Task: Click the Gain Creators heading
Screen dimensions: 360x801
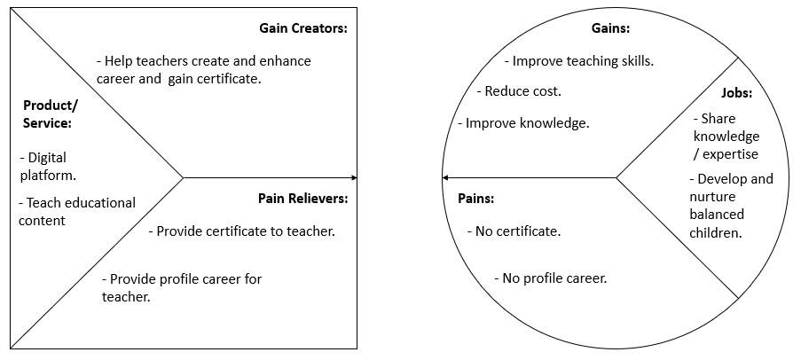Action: click(x=302, y=28)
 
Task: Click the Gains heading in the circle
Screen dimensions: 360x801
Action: click(x=610, y=28)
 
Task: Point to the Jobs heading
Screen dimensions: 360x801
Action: click(x=736, y=92)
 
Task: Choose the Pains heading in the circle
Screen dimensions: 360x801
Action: click(x=475, y=198)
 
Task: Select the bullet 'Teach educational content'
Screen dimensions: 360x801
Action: click(x=76, y=211)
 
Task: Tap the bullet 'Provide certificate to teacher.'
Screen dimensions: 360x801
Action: click(x=241, y=231)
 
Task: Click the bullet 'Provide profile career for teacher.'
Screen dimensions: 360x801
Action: click(x=182, y=287)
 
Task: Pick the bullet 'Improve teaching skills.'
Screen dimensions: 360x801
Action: click(x=578, y=61)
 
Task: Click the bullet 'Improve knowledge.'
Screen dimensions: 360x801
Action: click(x=523, y=123)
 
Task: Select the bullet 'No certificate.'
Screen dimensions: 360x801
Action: click(x=514, y=231)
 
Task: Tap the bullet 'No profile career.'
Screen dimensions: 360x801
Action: click(x=550, y=278)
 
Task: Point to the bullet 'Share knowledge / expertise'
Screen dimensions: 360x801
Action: click(x=726, y=136)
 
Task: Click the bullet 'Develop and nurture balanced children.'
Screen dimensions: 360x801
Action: click(x=729, y=206)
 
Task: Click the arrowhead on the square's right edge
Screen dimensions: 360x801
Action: click(x=354, y=178)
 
